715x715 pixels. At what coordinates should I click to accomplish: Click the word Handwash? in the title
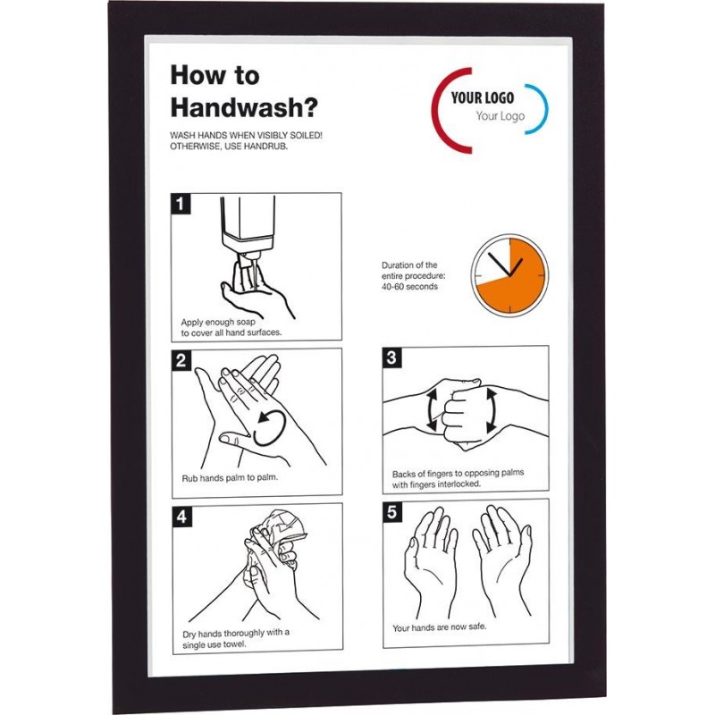(x=244, y=108)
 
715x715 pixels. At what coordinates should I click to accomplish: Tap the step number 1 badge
(x=181, y=204)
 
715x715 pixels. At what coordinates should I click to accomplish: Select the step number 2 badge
(x=181, y=360)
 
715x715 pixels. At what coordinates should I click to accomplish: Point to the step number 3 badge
(x=391, y=357)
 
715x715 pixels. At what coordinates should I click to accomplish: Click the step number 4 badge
(x=182, y=517)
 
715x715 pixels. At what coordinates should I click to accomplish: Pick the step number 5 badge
(x=392, y=512)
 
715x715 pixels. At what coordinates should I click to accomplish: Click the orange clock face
(x=509, y=275)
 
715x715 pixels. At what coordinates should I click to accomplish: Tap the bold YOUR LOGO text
(x=483, y=97)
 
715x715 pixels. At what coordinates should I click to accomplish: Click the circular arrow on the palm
(x=271, y=427)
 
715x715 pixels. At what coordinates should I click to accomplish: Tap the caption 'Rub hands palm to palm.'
(x=230, y=478)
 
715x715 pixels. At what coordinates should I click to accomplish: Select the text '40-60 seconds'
(x=410, y=287)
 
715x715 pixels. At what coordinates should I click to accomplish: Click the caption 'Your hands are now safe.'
(x=440, y=627)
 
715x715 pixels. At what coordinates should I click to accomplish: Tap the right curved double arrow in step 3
(x=492, y=410)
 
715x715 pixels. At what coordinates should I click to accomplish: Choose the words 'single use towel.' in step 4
(x=214, y=644)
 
